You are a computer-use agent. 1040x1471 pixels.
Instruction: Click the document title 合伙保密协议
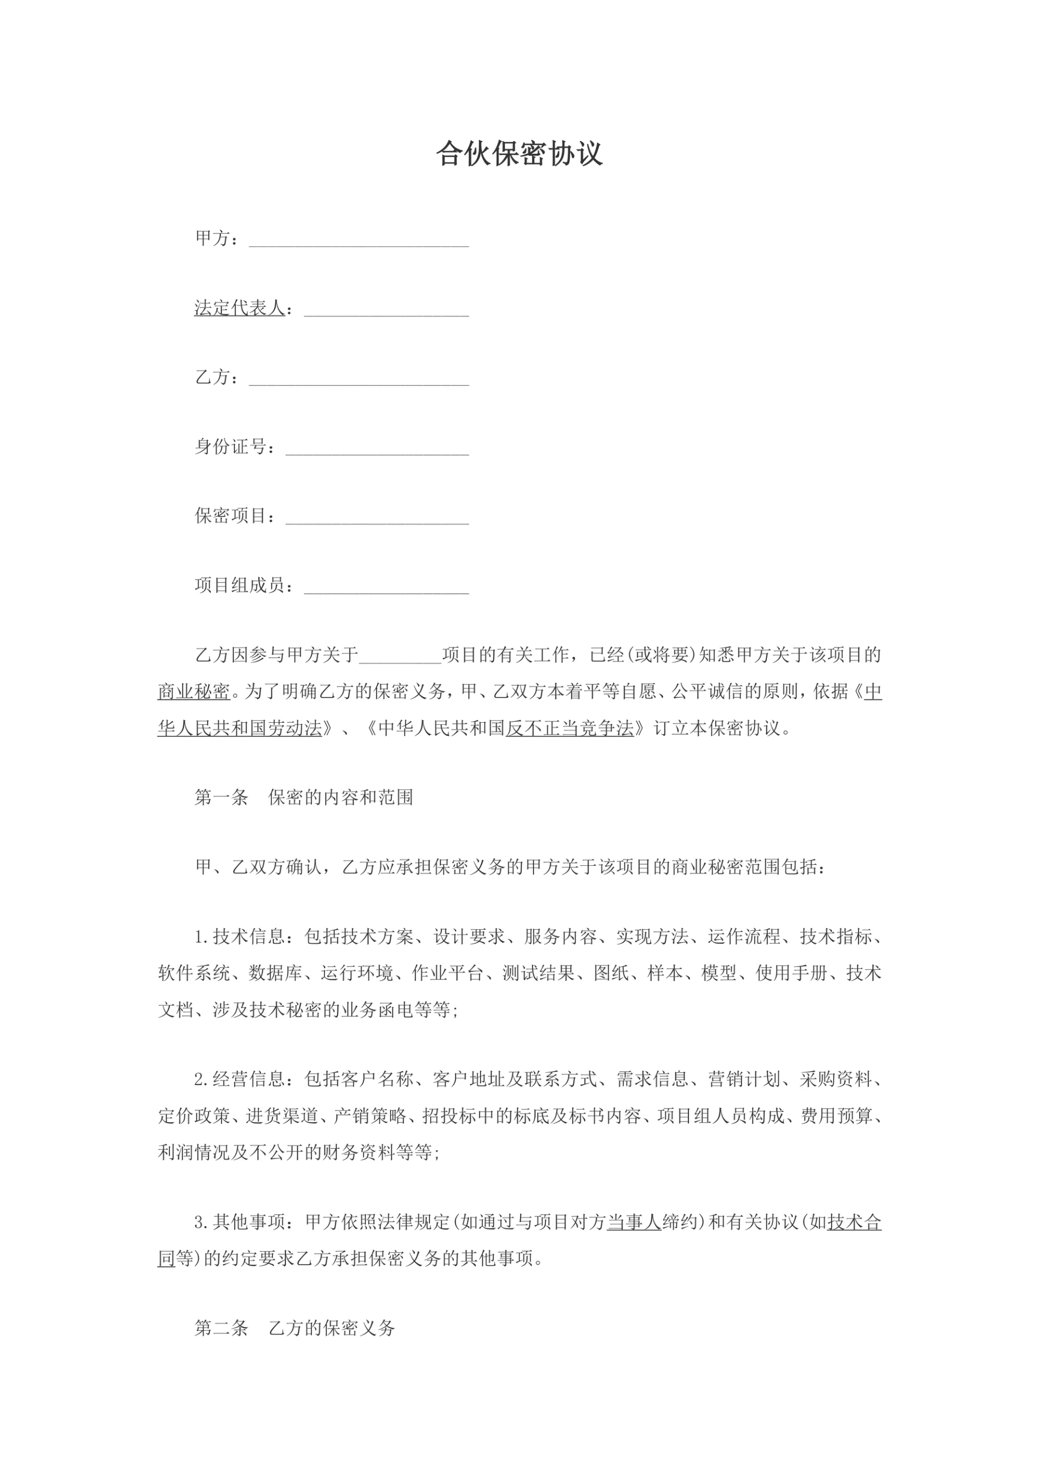click(519, 154)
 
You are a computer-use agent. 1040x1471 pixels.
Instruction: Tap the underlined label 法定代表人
click(239, 308)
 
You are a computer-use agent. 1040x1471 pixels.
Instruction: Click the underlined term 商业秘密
click(194, 692)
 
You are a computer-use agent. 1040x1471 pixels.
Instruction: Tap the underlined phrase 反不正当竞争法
click(569, 728)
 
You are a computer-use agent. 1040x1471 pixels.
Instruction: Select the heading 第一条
click(221, 798)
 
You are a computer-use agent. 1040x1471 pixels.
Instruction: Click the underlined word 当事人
click(634, 1222)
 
